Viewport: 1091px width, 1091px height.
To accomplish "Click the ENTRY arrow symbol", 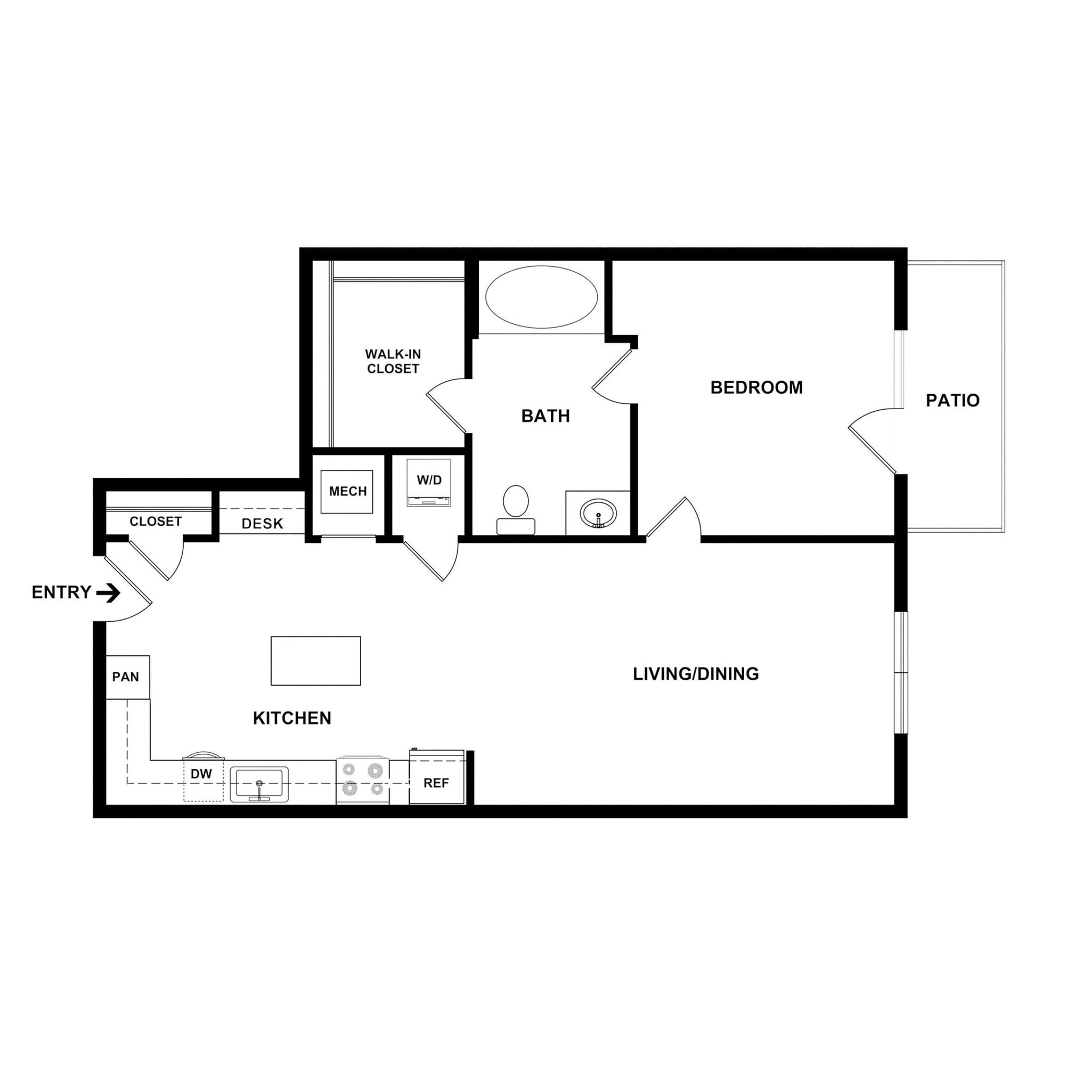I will (108, 593).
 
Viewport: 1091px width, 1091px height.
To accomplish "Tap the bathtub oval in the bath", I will (542, 297).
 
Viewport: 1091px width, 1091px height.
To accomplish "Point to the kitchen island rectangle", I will (316, 661).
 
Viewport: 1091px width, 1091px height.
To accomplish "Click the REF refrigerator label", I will (436, 783).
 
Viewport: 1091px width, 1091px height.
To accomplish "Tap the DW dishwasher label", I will (201, 774).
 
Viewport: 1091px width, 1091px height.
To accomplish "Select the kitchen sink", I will (259, 784).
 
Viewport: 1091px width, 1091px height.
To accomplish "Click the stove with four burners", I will (363, 780).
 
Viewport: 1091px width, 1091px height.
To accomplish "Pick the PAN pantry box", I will (126, 677).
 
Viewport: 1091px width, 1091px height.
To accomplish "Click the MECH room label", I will (347, 491).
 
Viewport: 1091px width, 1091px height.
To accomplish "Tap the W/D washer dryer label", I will (429, 480).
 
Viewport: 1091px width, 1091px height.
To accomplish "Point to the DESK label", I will (262, 524).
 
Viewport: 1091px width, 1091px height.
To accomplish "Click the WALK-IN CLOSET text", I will (393, 361).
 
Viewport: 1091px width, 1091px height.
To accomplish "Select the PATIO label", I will (952, 401).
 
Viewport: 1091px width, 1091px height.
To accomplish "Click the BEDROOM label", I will (756, 387).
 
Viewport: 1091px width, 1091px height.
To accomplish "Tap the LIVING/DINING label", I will (696, 674).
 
